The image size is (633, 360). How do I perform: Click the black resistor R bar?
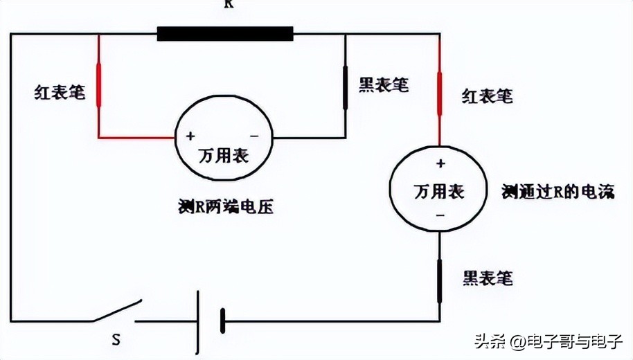[225, 33]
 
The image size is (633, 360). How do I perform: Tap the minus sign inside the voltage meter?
[253, 136]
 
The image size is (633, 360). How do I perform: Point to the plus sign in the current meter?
[440, 164]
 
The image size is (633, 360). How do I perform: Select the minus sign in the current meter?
[440, 216]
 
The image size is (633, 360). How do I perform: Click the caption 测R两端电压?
[225, 206]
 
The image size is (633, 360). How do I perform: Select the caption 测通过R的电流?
[558, 192]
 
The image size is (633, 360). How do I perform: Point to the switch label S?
[117, 339]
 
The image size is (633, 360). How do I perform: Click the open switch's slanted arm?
[118, 311]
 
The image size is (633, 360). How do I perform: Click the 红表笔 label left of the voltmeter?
[60, 93]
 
